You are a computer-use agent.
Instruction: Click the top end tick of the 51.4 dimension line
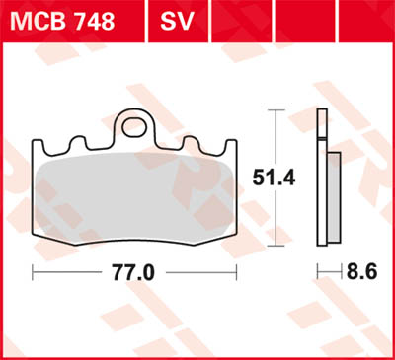[274, 110]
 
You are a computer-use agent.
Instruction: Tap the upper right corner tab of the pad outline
[231, 148]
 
